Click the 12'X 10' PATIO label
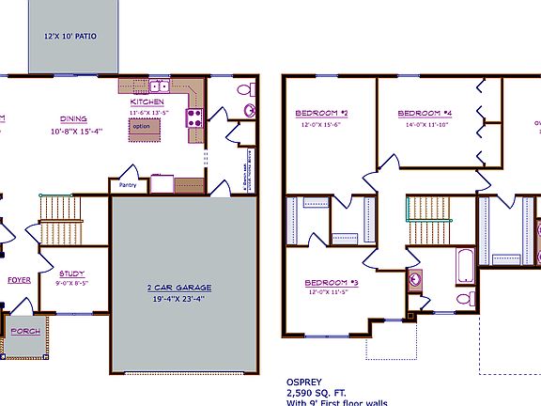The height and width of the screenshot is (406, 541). point(71,37)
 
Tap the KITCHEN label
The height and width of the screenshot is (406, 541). point(147,101)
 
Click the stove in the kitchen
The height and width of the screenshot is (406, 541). point(195,118)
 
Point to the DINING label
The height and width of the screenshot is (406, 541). point(75,119)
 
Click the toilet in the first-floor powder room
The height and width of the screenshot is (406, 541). point(246,91)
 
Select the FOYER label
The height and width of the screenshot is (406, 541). point(20,280)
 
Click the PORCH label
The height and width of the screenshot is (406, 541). point(22,332)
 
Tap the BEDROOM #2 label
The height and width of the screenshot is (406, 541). point(322,114)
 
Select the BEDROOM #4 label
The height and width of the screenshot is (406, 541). point(427,114)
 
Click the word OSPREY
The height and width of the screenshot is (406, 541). point(304,383)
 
